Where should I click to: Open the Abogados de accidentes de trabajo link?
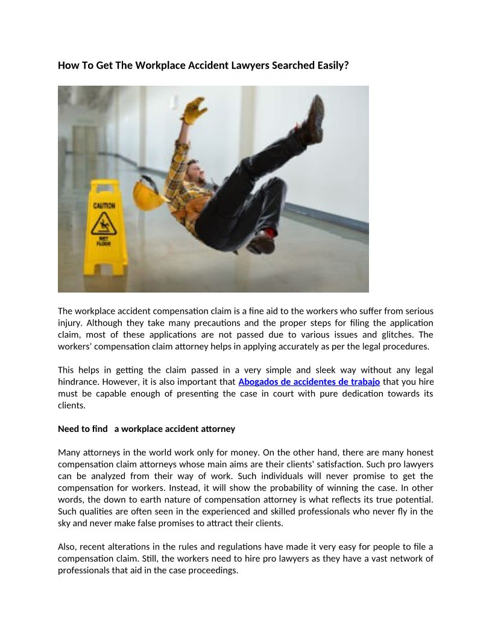tap(309, 382)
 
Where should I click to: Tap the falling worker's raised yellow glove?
tap(194, 110)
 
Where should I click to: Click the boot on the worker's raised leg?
tap(313, 121)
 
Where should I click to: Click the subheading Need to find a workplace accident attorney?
tap(147, 429)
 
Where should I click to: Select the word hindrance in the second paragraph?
tap(78, 382)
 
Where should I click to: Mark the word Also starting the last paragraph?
tap(66, 547)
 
